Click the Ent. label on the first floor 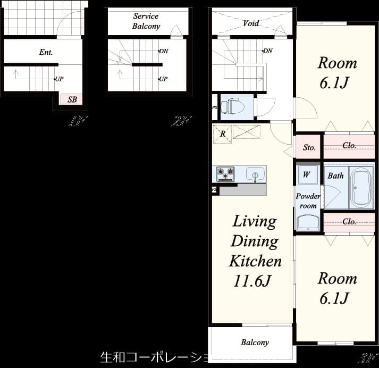tap(46, 52)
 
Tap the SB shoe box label tap(71, 99)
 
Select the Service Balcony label tap(146, 21)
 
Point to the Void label tap(251, 23)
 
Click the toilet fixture tap(232, 106)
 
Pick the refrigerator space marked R tap(223, 133)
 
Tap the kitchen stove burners tap(226, 173)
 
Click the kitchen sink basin tap(255, 175)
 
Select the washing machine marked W tap(307, 174)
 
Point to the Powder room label tap(308, 201)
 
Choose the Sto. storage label tap(309, 147)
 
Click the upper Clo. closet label tap(349, 145)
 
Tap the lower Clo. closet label tap(349, 222)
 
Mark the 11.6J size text tap(253, 281)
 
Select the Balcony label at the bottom tap(255, 342)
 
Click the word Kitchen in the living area tap(255, 261)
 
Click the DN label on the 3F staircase tap(268, 51)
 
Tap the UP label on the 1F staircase tap(60, 79)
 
